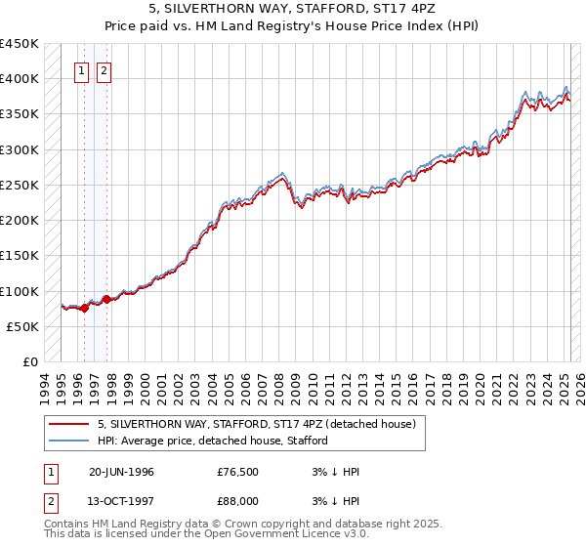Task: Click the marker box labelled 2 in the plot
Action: [103, 69]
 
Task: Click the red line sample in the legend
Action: [68, 424]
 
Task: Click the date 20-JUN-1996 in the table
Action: [121, 472]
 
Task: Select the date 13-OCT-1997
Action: [121, 503]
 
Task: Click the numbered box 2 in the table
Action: [50, 503]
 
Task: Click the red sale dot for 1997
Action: [106, 299]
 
